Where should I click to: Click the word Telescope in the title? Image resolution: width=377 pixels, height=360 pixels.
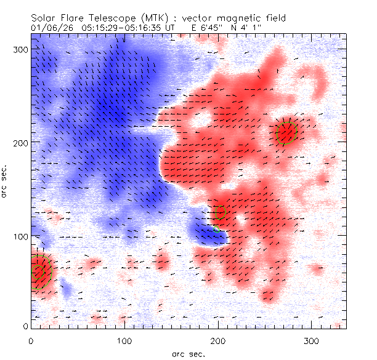[114, 19]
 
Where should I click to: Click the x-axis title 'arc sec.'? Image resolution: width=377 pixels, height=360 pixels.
[188, 354]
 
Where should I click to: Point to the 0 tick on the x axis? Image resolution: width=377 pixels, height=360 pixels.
[31, 340]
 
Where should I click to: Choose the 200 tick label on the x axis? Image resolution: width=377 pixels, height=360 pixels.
[217, 340]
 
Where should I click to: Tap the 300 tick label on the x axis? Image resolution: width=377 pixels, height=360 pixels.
[311, 340]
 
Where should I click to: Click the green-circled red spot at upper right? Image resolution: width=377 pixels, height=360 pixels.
[286, 132]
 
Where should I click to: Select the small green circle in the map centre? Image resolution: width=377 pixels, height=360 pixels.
[220, 212]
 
